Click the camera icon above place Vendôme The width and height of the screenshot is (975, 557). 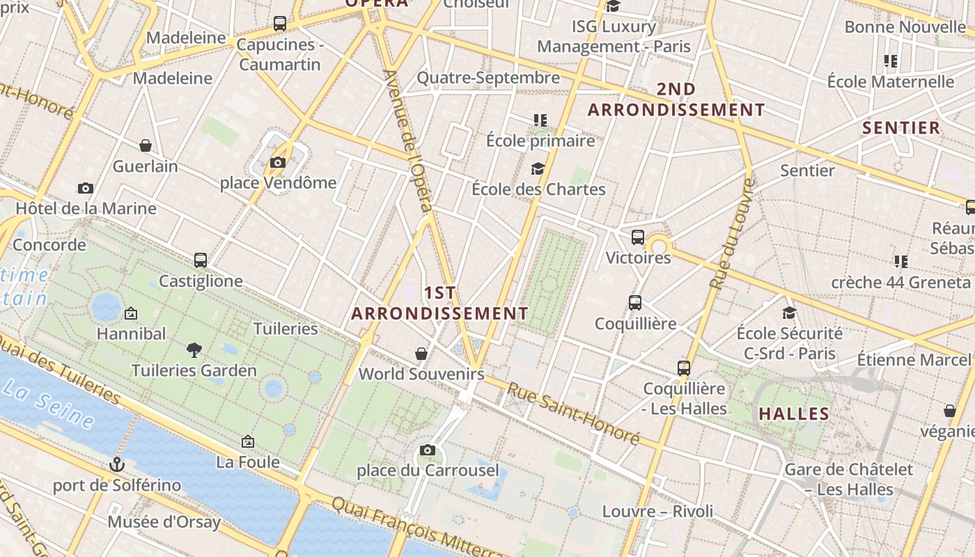point(278,163)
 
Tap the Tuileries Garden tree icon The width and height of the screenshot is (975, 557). point(194,350)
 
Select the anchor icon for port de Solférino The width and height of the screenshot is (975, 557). point(117,464)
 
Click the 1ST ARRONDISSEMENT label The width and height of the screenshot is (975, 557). point(439,303)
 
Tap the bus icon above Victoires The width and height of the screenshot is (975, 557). point(638,237)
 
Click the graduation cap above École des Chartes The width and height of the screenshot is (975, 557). point(538,168)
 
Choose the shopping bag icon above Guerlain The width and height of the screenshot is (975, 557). point(146,146)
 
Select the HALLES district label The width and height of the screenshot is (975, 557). point(794,414)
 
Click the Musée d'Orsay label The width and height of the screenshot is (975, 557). point(164,521)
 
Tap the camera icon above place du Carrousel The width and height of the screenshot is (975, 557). point(428,450)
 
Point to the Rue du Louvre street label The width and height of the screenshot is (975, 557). point(733,233)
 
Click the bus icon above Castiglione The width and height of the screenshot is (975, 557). point(201,260)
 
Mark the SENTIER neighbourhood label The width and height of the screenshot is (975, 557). point(901,127)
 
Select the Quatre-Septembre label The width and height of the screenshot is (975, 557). point(488,77)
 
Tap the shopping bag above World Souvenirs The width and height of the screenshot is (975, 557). point(421,354)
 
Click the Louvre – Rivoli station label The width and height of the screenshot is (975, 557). point(657,512)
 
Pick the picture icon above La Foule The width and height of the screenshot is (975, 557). point(247,441)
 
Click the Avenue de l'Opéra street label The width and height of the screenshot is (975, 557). point(408,139)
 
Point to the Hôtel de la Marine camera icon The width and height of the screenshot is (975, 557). point(86,188)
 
